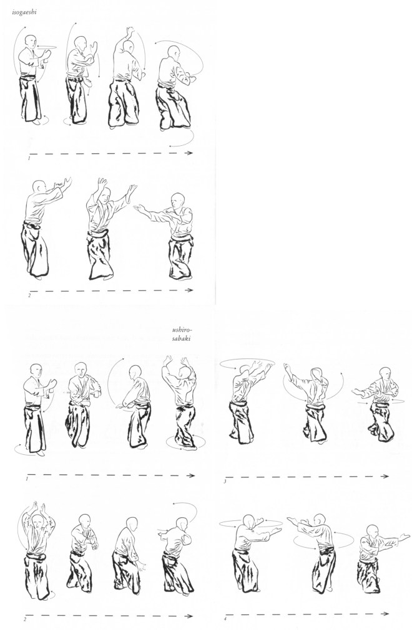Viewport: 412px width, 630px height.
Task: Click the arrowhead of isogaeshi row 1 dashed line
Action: pos(189,153)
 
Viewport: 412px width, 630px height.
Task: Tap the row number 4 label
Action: pos(225,619)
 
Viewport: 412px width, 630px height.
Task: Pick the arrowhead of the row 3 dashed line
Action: pos(385,476)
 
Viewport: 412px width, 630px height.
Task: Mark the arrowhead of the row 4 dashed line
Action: pos(385,614)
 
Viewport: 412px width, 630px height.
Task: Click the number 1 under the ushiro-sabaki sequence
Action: pos(27,479)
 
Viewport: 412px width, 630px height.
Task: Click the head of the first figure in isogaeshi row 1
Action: pos(30,42)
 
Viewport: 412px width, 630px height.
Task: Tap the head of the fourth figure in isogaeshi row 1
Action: pos(174,52)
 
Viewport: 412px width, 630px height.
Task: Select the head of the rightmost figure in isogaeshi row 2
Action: pos(177,200)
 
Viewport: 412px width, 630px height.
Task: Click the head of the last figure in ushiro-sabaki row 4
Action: pos(373,531)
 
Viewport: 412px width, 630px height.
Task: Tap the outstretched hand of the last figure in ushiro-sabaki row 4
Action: pos(404,537)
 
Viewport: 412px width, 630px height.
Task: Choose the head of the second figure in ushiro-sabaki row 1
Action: pos(81,369)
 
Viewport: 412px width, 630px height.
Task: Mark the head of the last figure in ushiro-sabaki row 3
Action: pos(385,374)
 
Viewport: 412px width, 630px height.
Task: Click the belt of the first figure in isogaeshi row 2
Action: pos(32,225)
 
